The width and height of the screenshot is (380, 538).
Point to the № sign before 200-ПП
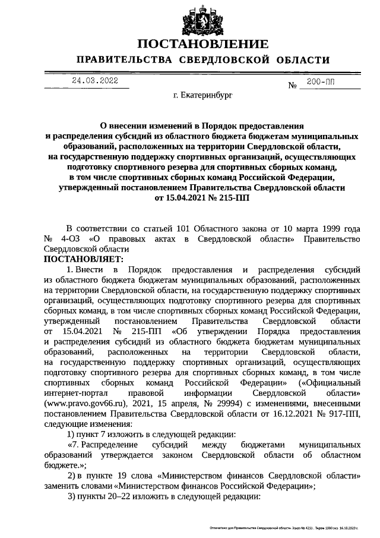[292, 86]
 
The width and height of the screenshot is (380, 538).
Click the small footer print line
[285, 527]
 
